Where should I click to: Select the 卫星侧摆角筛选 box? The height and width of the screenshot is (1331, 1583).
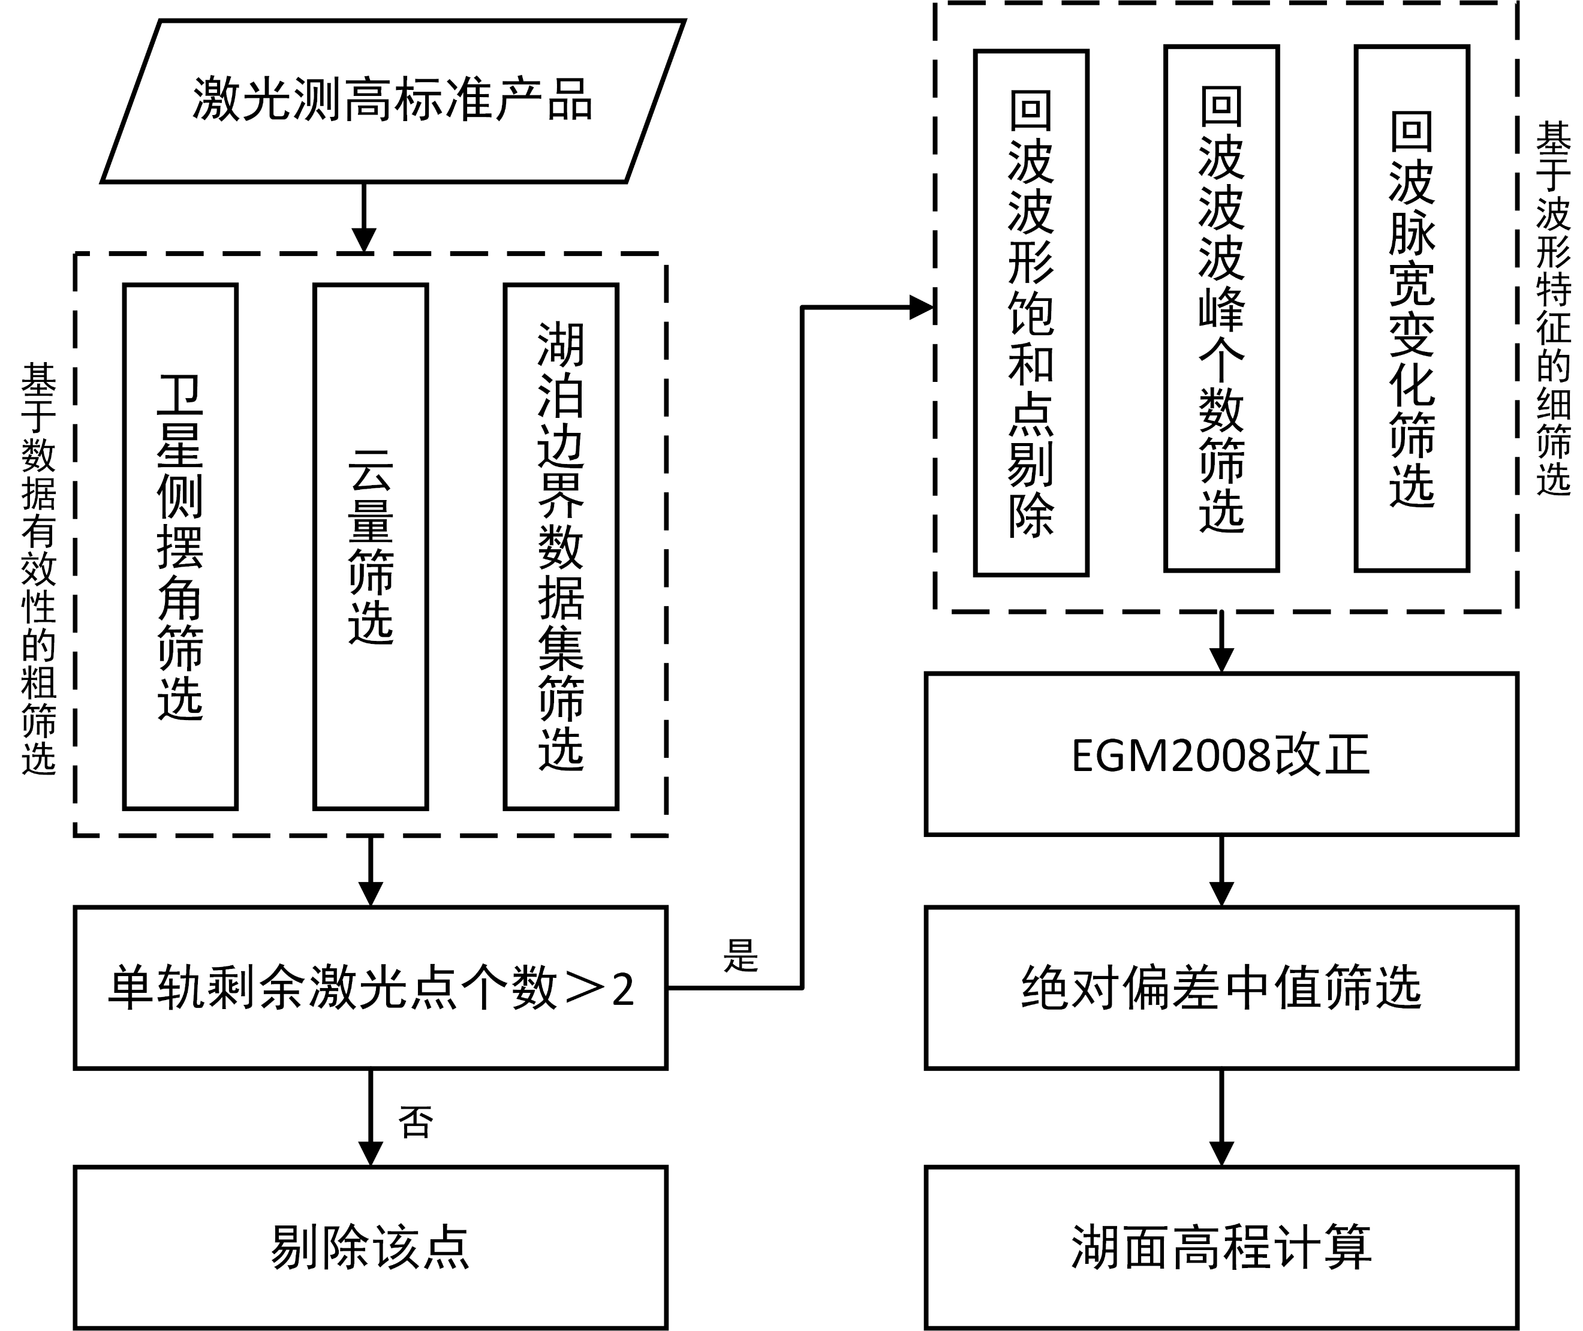[x=180, y=546]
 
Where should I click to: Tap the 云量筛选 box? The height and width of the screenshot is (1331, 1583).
[x=371, y=546]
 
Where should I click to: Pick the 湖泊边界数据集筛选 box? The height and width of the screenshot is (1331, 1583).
[x=561, y=546]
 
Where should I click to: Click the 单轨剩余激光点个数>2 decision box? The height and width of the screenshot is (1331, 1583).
[x=371, y=987]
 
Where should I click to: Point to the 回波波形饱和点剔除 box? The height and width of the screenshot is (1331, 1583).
[x=1031, y=313]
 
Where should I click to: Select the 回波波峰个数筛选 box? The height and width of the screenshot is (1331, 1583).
[x=1221, y=309]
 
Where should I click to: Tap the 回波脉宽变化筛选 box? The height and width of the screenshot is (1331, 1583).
[x=1411, y=309]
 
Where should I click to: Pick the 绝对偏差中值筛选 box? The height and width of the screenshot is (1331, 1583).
[x=1221, y=987]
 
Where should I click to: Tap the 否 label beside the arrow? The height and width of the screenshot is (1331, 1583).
[x=416, y=1122]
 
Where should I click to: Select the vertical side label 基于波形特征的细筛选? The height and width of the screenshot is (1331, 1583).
[x=1553, y=309]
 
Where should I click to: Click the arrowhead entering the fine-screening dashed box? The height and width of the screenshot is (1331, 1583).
[x=922, y=307]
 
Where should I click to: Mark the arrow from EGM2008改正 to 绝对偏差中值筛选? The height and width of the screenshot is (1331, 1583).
[x=1221, y=872]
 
